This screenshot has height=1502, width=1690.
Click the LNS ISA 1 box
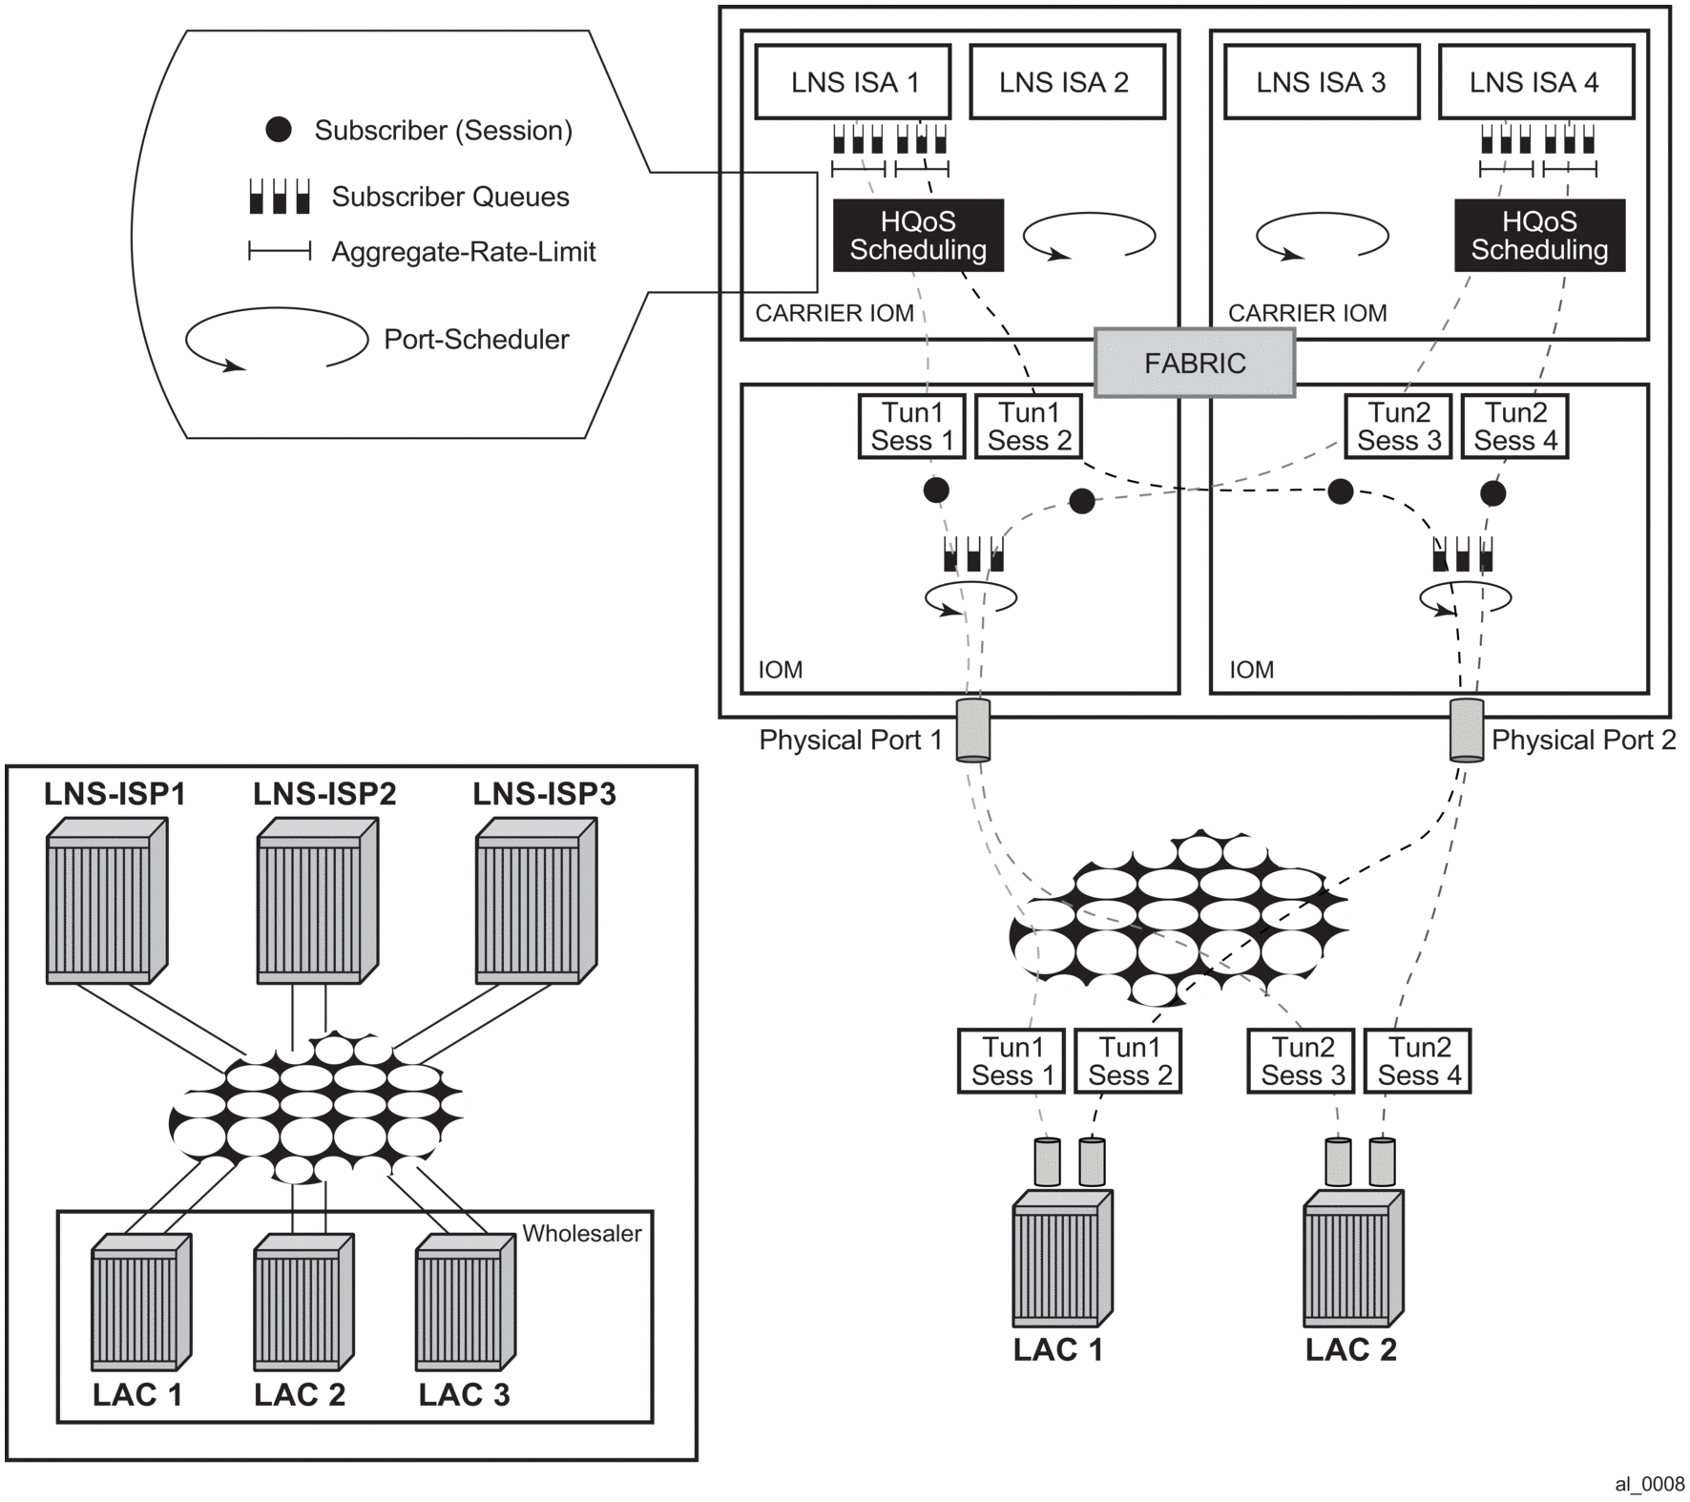point(853,82)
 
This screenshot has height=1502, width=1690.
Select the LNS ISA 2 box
point(1067,82)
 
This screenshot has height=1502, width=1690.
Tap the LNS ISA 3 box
point(1322,82)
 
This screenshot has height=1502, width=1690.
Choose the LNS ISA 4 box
point(1535,82)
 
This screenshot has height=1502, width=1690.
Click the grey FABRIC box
point(1195,363)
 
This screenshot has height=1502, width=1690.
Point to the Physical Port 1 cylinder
point(973,731)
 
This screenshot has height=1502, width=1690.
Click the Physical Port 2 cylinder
point(1467,731)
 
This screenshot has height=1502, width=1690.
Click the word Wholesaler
point(581,1233)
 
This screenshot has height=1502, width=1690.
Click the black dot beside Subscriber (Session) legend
point(279,130)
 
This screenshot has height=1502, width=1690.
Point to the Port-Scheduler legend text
point(476,340)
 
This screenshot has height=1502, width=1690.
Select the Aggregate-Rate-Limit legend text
point(464,252)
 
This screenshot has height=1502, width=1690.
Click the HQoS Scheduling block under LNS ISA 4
point(1539,236)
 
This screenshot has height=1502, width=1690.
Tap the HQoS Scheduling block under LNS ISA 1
point(918,236)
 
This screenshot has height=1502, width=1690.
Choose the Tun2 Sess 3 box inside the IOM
point(1398,427)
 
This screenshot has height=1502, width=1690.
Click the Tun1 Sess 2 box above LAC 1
point(1129,1061)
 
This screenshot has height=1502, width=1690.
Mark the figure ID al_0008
point(1650,1484)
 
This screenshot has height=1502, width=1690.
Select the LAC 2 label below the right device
point(1351,1350)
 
